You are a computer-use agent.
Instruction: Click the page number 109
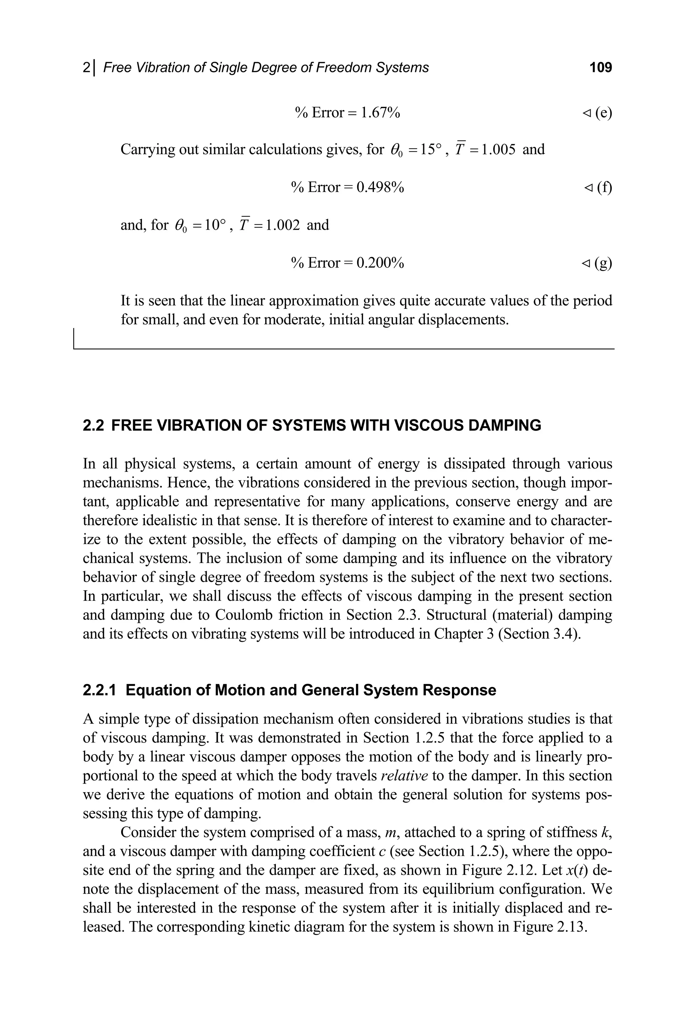[x=601, y=68]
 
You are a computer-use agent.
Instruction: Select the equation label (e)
[x=603, y=113]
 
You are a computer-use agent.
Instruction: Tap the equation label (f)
[x=604, y=188]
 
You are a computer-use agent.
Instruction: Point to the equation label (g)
[x=603, y=263]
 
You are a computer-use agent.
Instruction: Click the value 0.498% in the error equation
[x=380, y=188]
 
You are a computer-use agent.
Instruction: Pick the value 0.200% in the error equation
[x=380, y=263]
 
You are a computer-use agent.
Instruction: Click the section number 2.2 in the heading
[x=94, y=425]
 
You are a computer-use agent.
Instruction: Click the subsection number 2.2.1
[x=99, y=690]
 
